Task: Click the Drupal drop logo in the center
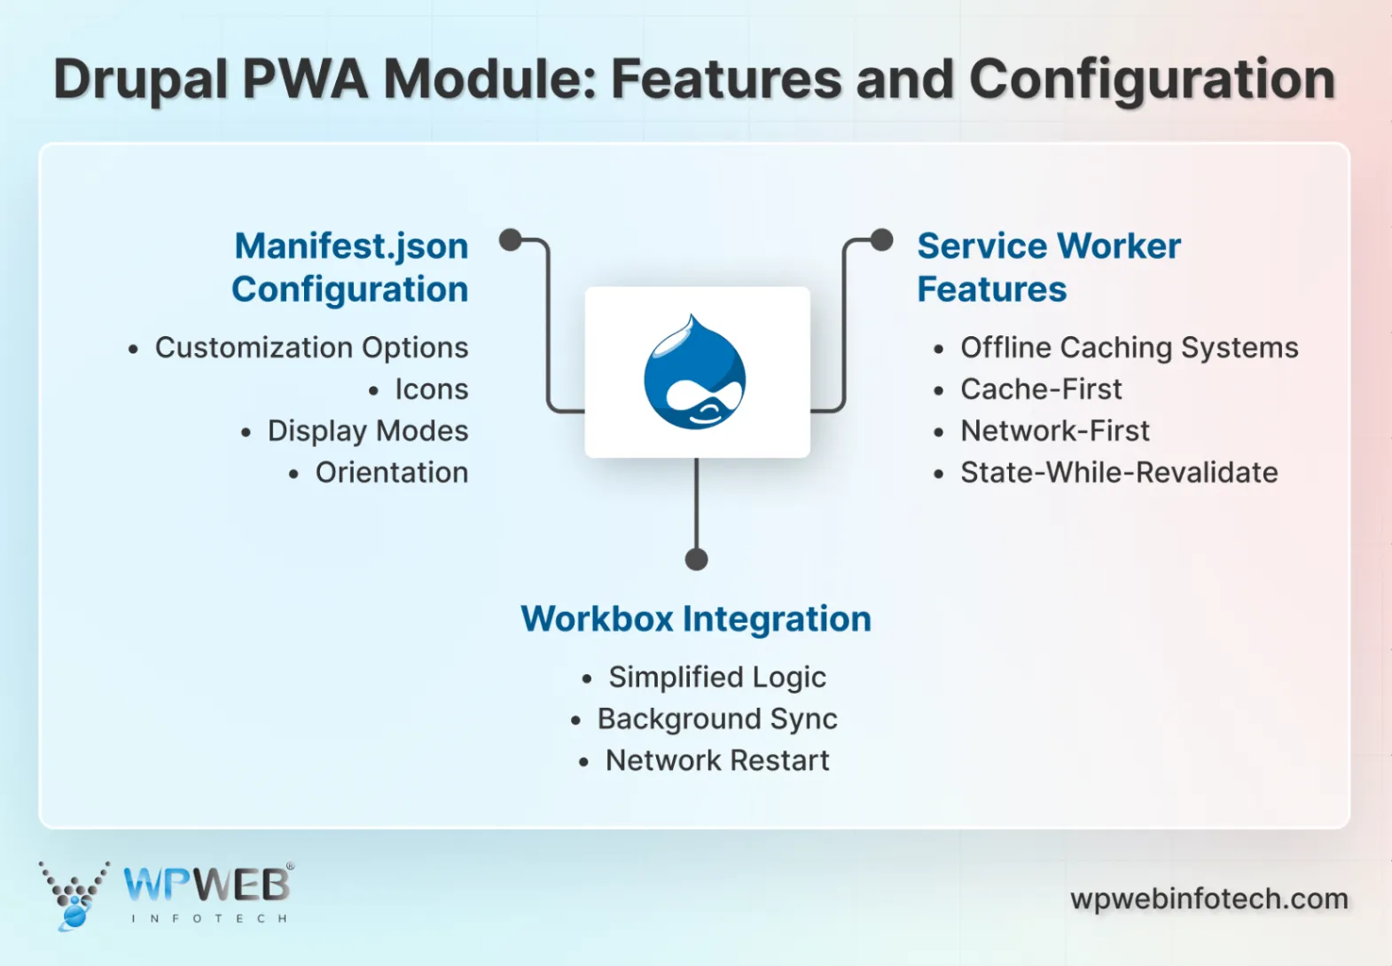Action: [695, 373]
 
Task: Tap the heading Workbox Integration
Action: [696, 618]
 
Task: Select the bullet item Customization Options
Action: [311, 348]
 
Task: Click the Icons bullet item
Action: [431, 389]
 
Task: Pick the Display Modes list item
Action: [367, 431]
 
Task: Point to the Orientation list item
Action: [391, 473]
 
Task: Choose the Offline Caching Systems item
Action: [1129, 348]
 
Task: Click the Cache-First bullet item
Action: [1041, 389]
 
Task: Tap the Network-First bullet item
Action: [1055, 431]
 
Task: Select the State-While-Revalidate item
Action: [1119, 473]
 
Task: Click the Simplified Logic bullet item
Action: [716, 678]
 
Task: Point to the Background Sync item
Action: [716, 719]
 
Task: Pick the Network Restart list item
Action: [716, 761]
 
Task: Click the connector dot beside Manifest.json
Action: [510, 240]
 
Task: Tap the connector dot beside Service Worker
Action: [881, 240]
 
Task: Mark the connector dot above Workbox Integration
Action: [697, 560]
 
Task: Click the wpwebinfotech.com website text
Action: [1208, 899]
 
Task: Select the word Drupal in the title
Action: [140, 80]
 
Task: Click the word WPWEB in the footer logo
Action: [207, 884]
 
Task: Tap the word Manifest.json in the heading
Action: [351, 246]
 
